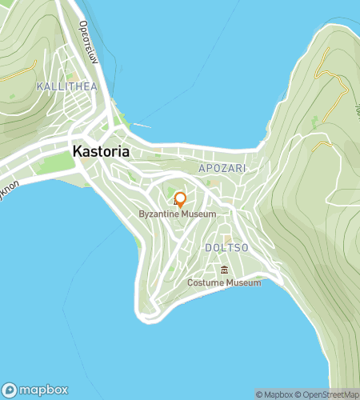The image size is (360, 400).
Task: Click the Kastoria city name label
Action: tap(101, 150)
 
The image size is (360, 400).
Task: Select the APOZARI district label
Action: tap(222, 170)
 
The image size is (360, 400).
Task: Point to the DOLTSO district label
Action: tap(226, 248)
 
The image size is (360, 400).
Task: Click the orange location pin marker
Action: tap(181, 199)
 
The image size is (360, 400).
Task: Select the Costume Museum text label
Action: tap(224, 283)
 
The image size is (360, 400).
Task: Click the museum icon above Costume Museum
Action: tap(224, 270)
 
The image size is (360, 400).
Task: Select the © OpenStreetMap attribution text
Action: tap(329, 394)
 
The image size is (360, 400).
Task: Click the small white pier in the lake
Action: tap(141, 125)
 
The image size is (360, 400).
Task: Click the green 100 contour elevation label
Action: tap(357, 104)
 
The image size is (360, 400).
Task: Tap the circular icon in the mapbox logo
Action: tap(10, 390)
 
